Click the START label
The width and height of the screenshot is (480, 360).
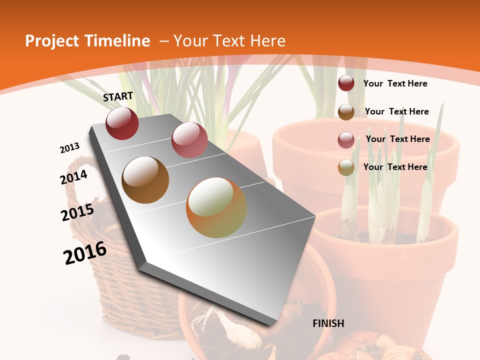pyautogui.click(x=118, y=96)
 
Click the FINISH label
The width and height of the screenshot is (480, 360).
pyautogui.click(x=328, y=323)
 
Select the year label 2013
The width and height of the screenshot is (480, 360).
pyautogui.click(x=70, y=147)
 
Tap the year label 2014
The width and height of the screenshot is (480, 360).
pyautogui.click(x=74, y=177)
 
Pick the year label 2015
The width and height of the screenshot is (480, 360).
pyautogui.click(x=77, y=212)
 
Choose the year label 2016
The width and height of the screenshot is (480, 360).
pyautogui.click(x=85, y=252)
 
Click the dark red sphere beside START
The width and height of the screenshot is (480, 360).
pyautogui.click(x=122, y=123)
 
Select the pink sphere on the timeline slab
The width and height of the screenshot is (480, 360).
pyautogui.click(x=189, y=140)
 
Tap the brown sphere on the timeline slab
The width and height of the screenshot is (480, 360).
pyautogui.click(x=145, y=180)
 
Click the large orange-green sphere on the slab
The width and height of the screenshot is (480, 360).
pyautogui.click(x=216, y=207)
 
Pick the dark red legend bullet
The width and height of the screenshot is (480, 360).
pyautogui.click(x=346, y=83)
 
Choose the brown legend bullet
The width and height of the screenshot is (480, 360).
pyautogui.click(x=346, y=112)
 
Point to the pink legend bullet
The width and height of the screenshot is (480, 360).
pyautogui.click(x=346, y=140)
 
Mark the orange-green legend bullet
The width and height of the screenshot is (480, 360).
pyautogui.click(x=346, y=168)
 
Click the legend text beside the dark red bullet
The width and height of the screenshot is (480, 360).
pyautogui.click(x=395, y=83)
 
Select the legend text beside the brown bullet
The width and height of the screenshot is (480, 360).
pyautogui.click(x=396, y=111)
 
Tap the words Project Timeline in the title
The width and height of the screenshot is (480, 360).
pyautogui.click(x=87, y=41)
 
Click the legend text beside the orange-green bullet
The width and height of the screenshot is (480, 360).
pyautogui.click(x=395, y=167)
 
